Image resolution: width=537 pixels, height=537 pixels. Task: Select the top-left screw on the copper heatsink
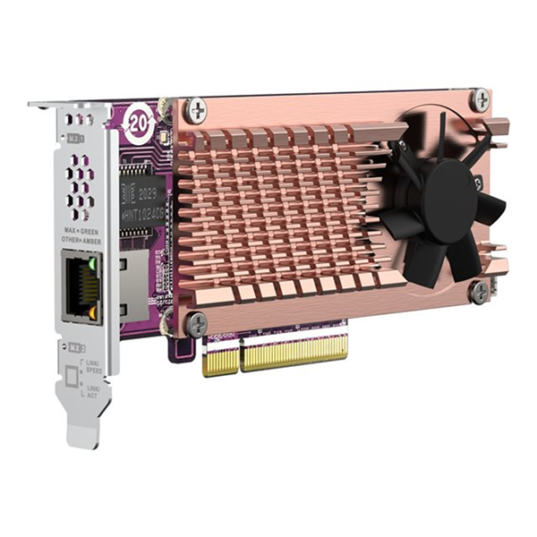point(195,111)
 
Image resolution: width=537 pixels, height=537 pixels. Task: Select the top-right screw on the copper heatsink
point(481,100)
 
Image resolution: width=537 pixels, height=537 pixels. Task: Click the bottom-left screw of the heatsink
point(196,324)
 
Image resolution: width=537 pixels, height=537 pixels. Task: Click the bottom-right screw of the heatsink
point(480,291)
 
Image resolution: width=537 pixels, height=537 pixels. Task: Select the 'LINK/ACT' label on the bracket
point(92,390)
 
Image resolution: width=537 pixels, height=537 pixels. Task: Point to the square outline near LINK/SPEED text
point(72,379)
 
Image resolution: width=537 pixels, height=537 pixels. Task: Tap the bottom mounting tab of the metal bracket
point(85,435)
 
